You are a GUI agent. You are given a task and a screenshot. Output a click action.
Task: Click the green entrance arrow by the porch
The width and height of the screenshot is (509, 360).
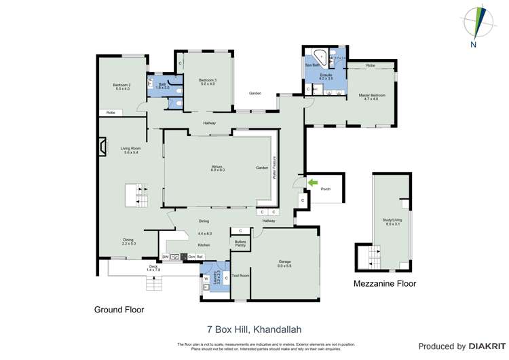312,182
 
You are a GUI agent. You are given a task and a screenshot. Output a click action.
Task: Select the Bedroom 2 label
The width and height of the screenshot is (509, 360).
121,86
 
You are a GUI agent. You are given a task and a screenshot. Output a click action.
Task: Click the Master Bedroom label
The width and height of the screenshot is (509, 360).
372,97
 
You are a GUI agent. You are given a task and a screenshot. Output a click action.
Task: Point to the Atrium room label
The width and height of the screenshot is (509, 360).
217,168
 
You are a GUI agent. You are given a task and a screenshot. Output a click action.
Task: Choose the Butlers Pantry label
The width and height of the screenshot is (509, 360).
240,243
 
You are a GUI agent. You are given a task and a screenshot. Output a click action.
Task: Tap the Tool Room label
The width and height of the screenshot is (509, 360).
240,276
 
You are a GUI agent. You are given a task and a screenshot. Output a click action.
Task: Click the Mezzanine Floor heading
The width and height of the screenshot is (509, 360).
385,284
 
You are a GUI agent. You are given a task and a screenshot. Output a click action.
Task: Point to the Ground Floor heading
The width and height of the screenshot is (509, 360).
119,309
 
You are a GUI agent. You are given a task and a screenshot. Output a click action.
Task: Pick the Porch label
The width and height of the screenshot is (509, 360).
326,189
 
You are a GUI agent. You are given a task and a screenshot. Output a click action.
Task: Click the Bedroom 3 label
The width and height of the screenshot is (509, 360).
207,82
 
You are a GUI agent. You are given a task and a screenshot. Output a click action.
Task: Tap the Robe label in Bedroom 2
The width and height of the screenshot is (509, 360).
110,113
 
